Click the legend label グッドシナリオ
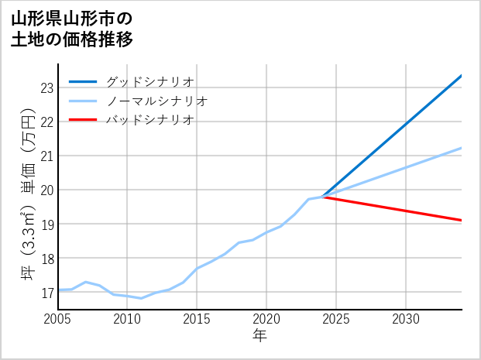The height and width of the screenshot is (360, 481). pos(150,81)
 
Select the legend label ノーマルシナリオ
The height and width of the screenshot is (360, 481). pos(157,101)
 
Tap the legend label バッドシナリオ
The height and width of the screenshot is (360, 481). pos(150,120)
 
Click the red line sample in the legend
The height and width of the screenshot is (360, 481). pos(84,120)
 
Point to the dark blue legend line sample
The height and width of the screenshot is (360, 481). pos(84,81)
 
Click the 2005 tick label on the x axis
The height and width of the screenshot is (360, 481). pos(58,319)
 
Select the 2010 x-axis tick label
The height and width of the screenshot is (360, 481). pos(127,319)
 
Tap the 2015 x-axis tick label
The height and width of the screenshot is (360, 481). pos(197,319)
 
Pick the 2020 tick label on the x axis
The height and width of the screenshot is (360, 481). pos(266,319)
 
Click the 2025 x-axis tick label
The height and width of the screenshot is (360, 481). pos(336,319)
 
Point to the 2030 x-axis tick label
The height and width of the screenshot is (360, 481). pos(406,319)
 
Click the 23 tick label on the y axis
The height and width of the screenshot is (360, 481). pos(46,87)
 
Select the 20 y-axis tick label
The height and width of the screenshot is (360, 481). pos(46,190)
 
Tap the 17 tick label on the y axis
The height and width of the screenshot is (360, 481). pos(46,292)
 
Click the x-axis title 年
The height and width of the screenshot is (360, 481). pos(259,336)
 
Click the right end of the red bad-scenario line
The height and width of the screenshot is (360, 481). pos(462,221)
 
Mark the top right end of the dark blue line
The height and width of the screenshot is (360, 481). pos(462,75)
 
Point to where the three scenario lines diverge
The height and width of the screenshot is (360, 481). pos(323,197)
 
